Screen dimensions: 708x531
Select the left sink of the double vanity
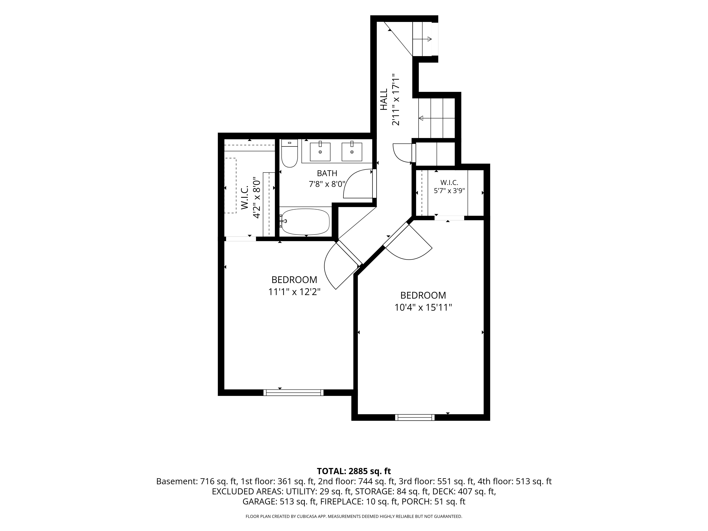coord(320,152)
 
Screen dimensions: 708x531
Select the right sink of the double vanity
coord(352,152)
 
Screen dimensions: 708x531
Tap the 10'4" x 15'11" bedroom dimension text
coord(423,307)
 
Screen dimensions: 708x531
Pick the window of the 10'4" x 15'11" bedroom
coord(415,417)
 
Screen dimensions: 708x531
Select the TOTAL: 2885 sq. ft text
coord(354,471)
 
